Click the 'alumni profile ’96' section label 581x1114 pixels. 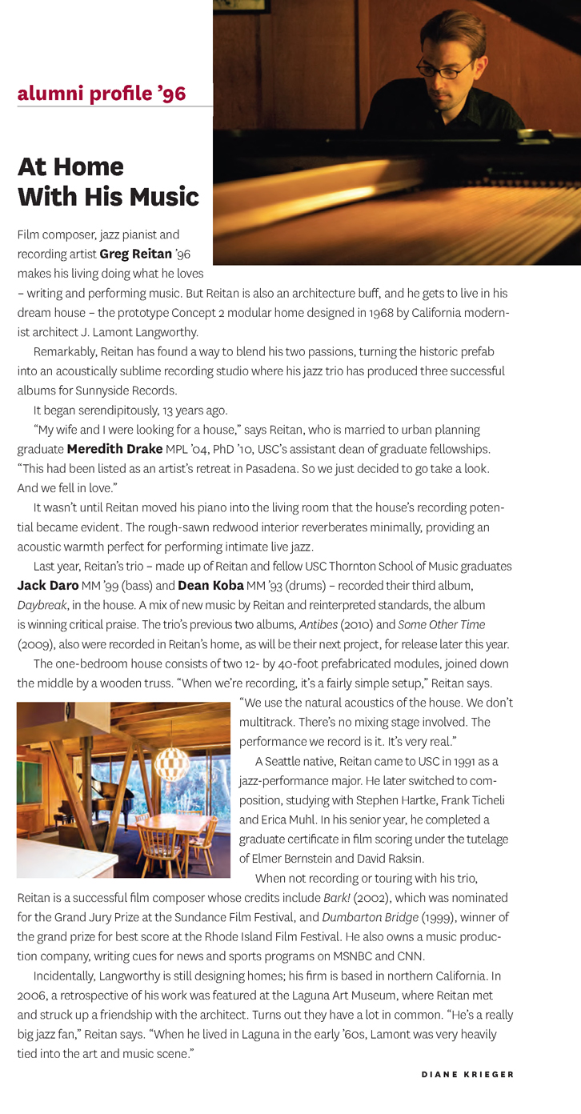pos(102,94)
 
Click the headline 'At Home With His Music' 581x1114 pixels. pos(108,181)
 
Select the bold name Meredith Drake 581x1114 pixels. pos(114,449)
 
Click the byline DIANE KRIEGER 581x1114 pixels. pos(467,1075)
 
